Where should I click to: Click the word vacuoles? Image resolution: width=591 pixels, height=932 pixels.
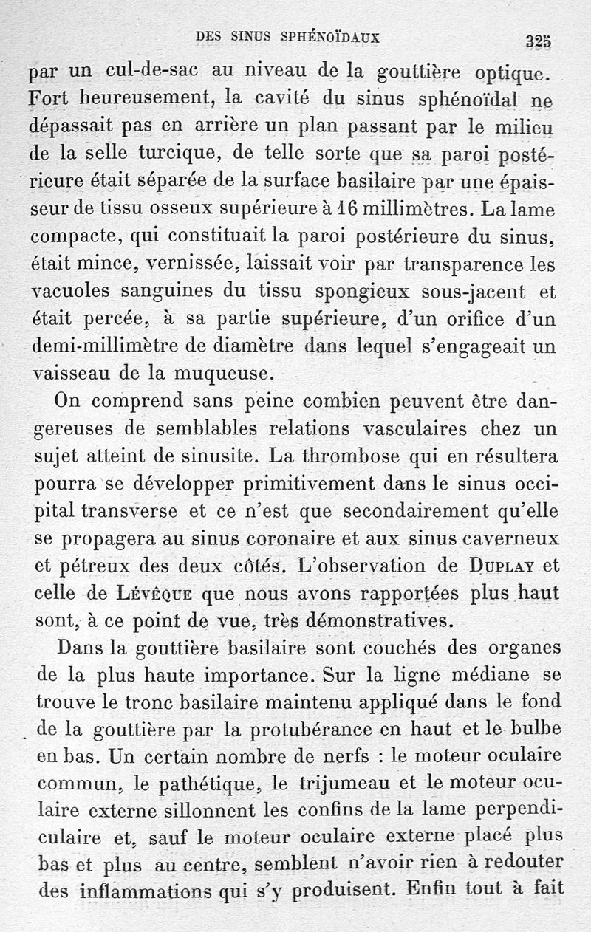[x=72, y=291]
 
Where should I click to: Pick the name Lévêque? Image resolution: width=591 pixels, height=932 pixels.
[x=144, y=593]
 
